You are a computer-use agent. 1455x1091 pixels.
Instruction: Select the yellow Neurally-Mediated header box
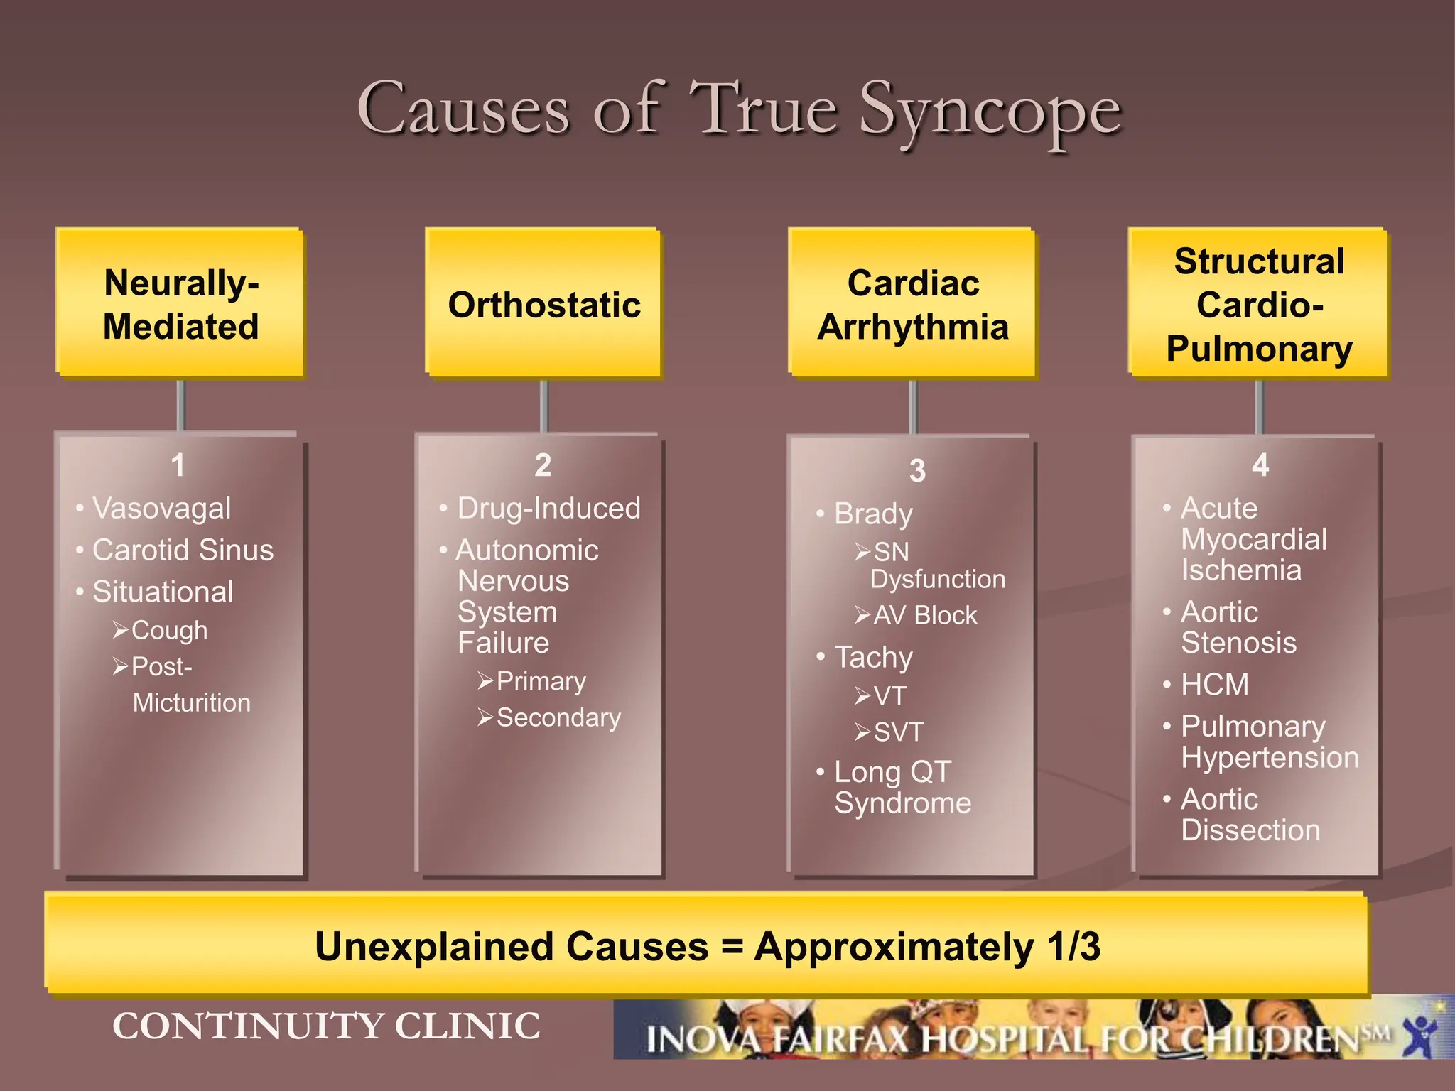[x=180, y=303]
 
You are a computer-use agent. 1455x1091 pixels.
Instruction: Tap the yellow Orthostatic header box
[x=543, y=303]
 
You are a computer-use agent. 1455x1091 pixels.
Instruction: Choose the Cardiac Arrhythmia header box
[x=913, y=303]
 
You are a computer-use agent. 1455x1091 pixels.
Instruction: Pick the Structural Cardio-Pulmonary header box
[x=1258, y=303]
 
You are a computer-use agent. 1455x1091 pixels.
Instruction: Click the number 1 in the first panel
[x=178, y=465]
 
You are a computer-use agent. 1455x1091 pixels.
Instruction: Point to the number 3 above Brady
[x=917, y=470]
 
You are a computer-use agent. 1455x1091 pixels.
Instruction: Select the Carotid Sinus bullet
[x=183, y=550]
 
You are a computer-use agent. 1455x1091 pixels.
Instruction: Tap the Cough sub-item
[x=169, y=630]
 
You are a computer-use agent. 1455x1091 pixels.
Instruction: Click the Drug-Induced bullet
[x=548, y=508]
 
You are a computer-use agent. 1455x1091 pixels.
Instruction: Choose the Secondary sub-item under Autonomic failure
[x=558, y=717]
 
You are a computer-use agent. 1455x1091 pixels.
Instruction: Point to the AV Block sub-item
[x=924, y=615]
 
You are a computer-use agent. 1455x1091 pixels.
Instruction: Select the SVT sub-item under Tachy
[x=898, y=732]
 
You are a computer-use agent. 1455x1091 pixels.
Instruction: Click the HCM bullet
[x=1214, y=685]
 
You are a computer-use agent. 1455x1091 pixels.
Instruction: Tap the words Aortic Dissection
[x=1250, y=815]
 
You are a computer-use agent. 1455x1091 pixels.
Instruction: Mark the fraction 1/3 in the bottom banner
[x=1073, y=947]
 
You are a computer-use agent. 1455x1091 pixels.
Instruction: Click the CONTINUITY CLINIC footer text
[x=326, y=1026]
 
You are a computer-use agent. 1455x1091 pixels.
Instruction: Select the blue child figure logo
[x=1420, y=1034]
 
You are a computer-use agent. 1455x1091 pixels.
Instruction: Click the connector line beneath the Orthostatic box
[x=544, y=406]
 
